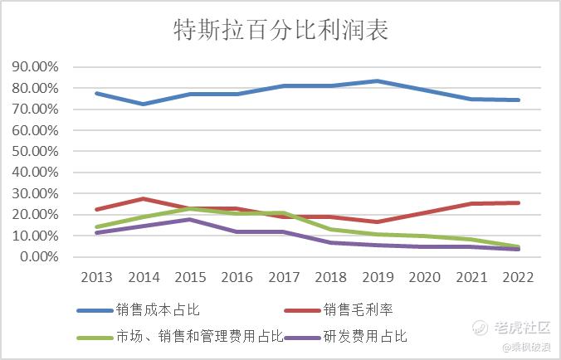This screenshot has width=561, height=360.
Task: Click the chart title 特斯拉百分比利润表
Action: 280,31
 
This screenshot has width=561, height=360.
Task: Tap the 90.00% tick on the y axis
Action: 36,67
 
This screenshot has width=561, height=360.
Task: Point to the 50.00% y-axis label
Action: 36,152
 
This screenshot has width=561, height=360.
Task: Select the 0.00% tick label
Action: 38,257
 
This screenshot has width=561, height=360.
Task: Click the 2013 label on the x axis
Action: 96,275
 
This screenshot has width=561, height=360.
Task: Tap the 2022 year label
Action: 518,275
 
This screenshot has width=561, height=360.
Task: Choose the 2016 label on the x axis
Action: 237,275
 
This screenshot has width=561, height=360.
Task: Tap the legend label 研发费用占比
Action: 362,336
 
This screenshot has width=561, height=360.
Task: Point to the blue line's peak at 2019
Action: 378,80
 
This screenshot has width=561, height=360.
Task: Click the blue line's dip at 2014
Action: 144,104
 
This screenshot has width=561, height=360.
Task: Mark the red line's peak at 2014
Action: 144,198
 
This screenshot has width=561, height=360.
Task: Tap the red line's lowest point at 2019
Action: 378,221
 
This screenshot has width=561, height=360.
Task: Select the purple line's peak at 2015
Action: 190,219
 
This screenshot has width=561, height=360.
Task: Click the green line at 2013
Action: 96,226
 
